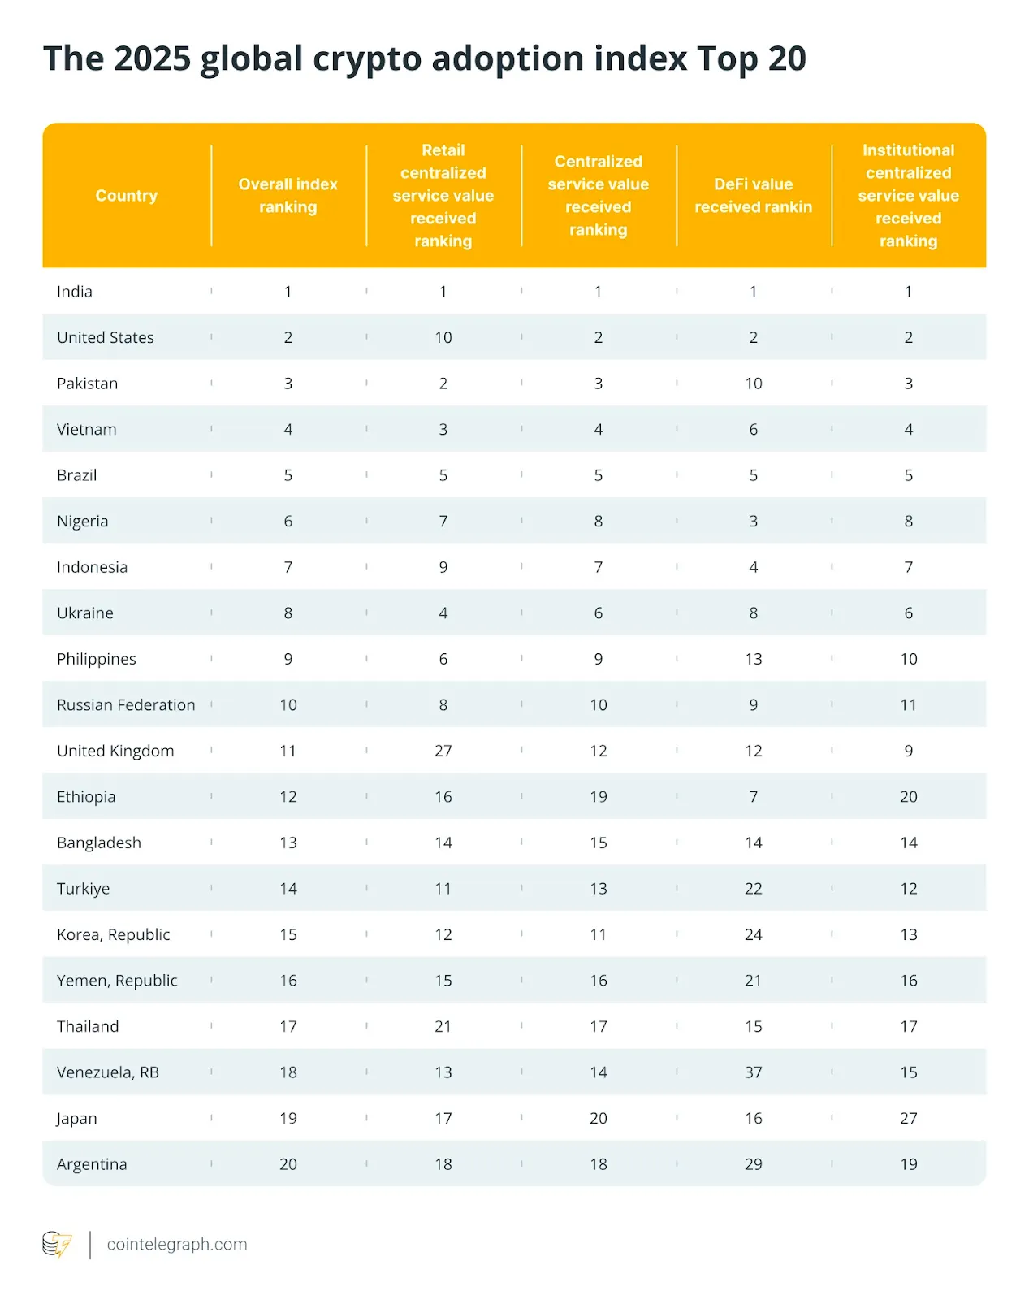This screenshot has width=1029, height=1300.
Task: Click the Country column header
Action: click(126, 196)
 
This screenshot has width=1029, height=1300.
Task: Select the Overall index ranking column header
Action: click(288, 196)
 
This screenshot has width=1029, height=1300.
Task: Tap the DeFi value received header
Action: click(753, 196)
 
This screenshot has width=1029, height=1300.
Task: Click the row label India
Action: click(75, 292)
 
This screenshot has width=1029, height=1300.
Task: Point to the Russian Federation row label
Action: click(126, 705)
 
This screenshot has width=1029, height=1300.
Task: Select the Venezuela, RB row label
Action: click(108, 1072)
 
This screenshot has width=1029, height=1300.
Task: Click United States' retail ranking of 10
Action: click(443, 338)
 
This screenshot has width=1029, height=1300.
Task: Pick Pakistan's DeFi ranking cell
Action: click(754, 383)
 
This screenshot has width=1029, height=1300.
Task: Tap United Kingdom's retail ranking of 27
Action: click(443, 752)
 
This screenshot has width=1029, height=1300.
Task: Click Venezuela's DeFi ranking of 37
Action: click(754, 1072)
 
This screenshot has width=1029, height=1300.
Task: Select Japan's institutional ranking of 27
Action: click(909, 1119)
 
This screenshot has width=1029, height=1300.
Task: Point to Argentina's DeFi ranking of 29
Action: click(754, 1164)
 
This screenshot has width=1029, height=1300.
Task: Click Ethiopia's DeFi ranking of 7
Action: click(754, 797)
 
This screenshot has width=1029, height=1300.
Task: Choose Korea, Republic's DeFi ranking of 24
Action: click(754, 935)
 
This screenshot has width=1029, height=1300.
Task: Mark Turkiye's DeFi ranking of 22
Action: click(754, 889)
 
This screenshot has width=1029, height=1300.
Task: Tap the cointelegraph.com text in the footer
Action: click(177, 1245)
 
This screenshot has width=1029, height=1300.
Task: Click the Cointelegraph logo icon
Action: click(57, 1245)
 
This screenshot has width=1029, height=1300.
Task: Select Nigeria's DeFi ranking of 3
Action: click(754, 522)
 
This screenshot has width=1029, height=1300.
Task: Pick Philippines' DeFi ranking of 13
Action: click(754, 660)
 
